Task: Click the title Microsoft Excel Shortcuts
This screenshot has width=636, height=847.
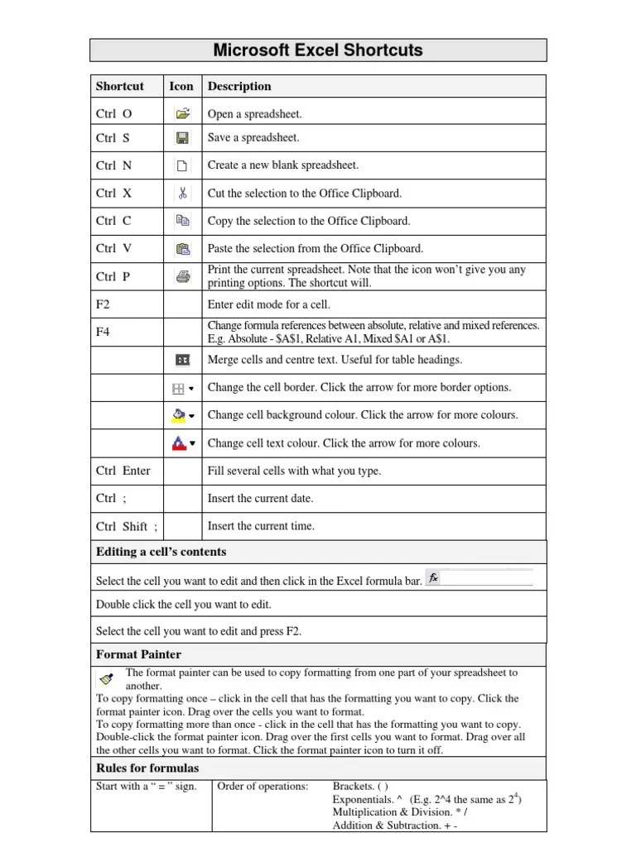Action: [x=318, y=50]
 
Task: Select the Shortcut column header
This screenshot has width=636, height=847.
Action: [x=119, y=86]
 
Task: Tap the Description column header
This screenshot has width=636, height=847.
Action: [x=239, y=86]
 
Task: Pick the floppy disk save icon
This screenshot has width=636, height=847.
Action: [x=182, y=138]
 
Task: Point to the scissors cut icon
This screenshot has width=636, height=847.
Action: [x=182, y=194]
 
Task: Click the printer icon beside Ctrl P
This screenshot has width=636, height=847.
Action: [x=182, y=277]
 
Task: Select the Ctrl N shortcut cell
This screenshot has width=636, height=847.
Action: [x=113, y=165]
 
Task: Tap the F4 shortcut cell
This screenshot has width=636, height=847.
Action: [x=103, y=332]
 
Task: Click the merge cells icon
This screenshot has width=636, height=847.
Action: [x=182, y=360]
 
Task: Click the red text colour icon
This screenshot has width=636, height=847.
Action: [x=178, y=443]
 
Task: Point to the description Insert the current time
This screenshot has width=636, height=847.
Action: [x=261, y=526]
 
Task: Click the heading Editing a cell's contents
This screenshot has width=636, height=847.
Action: [x=161, y=552]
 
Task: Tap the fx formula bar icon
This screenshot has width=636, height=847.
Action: [x=433, y=577]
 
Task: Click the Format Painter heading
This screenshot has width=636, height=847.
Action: [x=138, y=654]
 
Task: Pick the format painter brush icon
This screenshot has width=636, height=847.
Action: [x=106, y=679]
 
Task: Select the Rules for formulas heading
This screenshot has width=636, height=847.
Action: [x=147, y=768]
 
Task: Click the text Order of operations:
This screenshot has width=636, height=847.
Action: [x=263, y=786]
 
